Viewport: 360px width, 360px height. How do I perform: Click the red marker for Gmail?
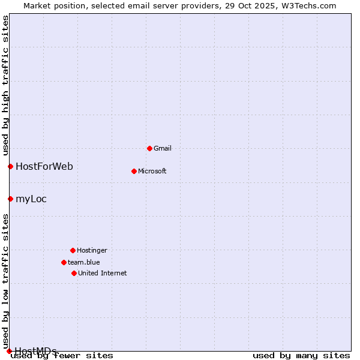[149, 148]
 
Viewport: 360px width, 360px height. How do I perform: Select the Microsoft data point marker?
[134, 171]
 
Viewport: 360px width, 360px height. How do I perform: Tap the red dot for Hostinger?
[73, 250]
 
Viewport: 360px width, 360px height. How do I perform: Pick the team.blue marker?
[64, 262]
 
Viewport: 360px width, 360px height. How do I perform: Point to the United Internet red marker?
[74, 273]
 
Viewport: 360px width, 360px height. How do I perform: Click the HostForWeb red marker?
[10, 166]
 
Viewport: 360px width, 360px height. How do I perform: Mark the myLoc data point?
[10, 199]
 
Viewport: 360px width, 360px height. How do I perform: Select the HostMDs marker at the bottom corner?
[9, 351]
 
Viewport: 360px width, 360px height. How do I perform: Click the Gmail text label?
[163, 148]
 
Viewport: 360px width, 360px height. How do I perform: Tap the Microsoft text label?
[152, 171]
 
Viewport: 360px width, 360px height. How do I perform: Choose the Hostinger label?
[92, 250]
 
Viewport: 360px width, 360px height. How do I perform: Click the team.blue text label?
[84, 262]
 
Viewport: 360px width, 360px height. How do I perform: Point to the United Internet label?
[103, 273]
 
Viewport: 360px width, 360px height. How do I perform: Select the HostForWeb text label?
[44, 166]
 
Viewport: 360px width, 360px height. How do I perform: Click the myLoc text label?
[31, 199]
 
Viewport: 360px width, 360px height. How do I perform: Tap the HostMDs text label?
[36, 350]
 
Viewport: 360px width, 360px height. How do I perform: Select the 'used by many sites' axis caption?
[301, 355]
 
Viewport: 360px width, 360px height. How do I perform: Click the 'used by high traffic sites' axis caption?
[5, 85]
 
